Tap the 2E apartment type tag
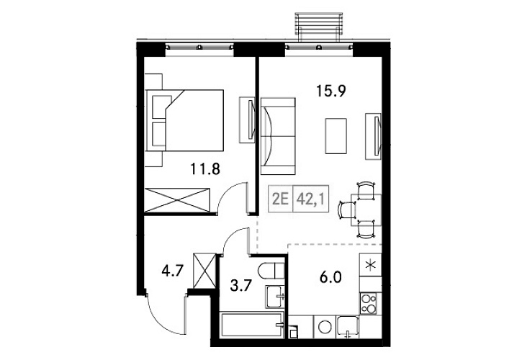[x=280, y=197]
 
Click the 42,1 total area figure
[x=312, y=197]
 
